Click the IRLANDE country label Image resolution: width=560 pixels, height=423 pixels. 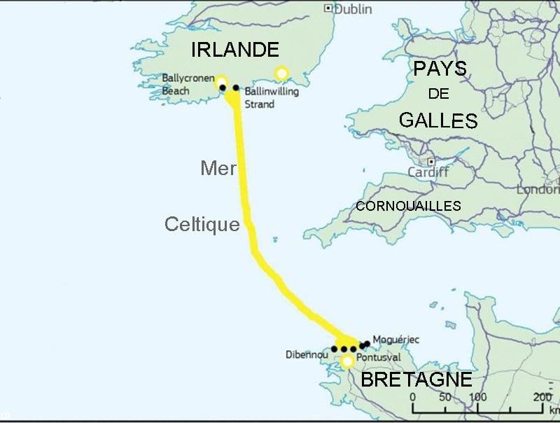pos(234,50)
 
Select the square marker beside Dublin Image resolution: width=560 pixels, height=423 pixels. pos(328,8)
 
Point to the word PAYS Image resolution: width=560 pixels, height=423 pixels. pos(439,68)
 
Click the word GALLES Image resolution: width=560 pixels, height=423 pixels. pos(438,120)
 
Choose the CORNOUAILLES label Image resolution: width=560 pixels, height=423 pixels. pos(408,206)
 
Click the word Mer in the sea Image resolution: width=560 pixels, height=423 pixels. pos(218,168)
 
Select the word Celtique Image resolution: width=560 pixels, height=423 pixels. pos(202,224)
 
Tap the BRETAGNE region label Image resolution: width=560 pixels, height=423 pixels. pos(416,380)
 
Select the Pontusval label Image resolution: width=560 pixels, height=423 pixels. pos(378,358)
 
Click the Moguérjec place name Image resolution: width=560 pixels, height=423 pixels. pos(396,340)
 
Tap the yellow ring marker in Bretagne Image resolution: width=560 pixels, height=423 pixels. pos(346,361)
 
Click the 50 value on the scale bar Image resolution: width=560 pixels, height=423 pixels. pos(444,398)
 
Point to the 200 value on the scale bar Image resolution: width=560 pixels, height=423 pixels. pos(542,398)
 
